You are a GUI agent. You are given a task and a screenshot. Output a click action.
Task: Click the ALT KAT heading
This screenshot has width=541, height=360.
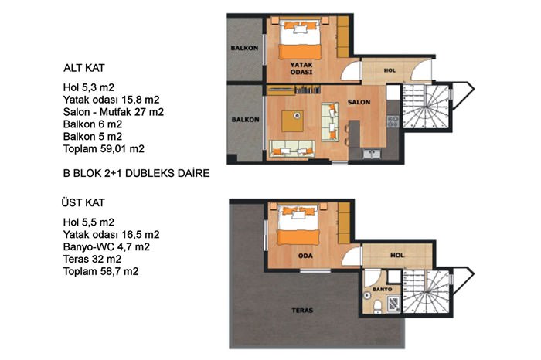(83, 68)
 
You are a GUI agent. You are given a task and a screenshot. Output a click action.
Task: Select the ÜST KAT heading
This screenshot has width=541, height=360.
(83, 202)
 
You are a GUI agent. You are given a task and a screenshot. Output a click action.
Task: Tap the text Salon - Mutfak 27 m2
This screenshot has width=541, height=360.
(114, 112)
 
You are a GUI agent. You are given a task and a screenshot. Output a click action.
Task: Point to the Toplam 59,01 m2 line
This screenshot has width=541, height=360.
(104, 148)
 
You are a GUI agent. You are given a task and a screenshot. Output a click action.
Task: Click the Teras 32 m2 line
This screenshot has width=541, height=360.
(92, 259)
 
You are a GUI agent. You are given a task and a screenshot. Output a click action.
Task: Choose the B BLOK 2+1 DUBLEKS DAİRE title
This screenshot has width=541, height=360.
(136, 173)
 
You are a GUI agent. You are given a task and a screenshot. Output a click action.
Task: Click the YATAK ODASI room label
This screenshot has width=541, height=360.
(301, 68)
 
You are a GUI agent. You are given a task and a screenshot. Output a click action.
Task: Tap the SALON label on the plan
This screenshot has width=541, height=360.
(359, 102)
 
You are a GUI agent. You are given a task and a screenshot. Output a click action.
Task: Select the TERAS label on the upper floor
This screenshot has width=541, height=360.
(302, 311)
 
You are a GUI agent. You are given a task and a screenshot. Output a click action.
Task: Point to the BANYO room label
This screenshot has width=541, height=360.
(383, 289)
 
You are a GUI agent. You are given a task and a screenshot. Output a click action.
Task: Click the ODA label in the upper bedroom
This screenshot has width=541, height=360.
(305, 256)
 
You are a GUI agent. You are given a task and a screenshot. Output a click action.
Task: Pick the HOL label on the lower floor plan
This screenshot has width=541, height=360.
(390, 70)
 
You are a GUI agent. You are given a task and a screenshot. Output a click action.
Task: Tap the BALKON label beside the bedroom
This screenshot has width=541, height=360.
(244, 48)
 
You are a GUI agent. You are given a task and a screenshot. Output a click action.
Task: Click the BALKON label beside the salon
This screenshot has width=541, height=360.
(245, 120)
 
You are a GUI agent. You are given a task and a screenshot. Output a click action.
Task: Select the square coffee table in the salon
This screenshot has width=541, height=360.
(292, 121)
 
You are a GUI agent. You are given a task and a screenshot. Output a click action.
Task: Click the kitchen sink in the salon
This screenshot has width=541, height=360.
(371, 154)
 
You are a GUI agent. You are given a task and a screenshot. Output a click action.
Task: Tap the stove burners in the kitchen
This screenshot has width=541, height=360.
(393, 121)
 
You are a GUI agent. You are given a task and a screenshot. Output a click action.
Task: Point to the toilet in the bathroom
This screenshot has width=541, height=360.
(377, 307)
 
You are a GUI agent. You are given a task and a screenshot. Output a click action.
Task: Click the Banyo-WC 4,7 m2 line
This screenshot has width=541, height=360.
(107, 247)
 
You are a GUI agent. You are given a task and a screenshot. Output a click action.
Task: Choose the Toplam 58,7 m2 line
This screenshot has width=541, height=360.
(100, 271)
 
